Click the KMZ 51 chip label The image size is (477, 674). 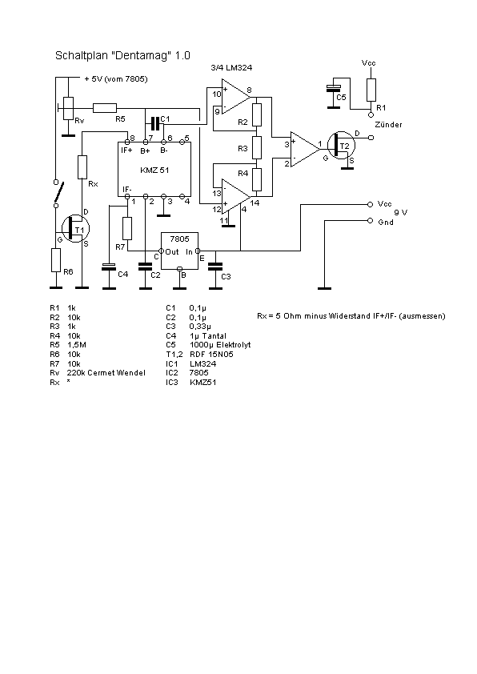coord(154,170)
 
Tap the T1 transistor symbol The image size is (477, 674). coord(76,229)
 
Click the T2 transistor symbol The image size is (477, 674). coord(341,146)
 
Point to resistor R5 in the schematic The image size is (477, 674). coord(105,108)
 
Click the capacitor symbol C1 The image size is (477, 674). coord(155,123)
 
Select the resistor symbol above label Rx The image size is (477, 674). coord(82,167)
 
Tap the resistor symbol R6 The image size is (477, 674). coord(56,260)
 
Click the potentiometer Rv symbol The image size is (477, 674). coord(68,108)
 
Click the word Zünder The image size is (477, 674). coord(388,125)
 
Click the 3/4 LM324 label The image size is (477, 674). coord(231,67)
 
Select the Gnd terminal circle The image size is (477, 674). coord(370,221)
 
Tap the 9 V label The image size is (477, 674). coord(400,212)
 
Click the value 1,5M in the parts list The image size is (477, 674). coord(77,345)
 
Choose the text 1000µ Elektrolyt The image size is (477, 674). coord(220,345)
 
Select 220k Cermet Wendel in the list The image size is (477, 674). coord(106,373)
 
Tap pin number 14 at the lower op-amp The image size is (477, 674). coord(255,203)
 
